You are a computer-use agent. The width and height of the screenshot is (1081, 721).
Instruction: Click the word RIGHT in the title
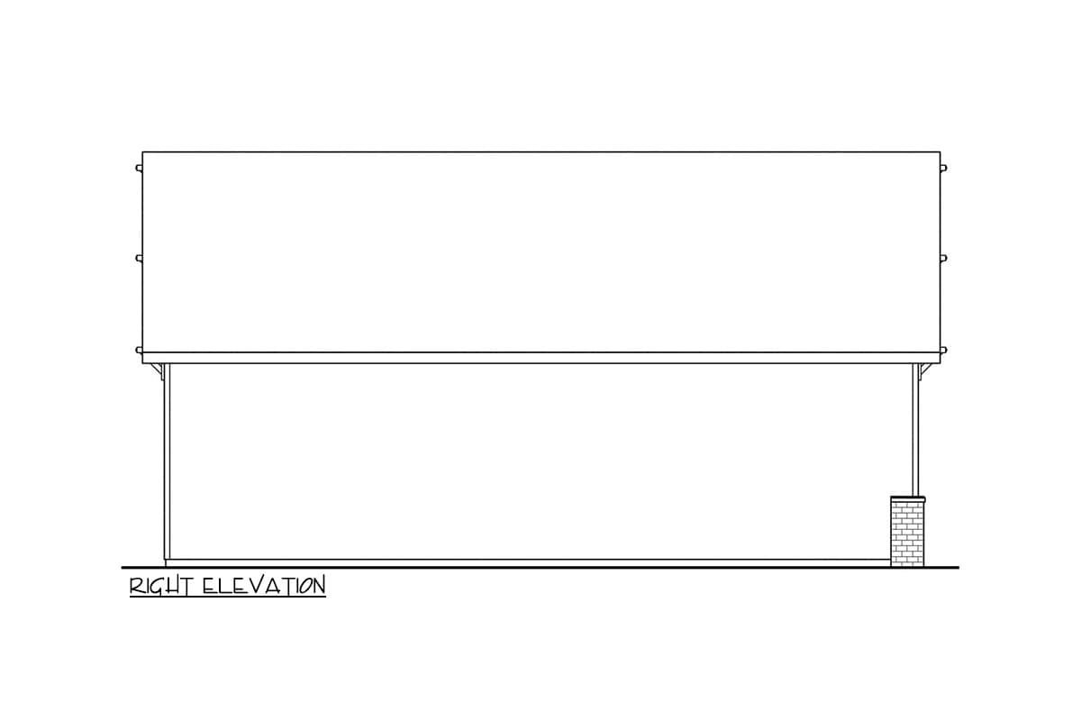click(x=161, y=587)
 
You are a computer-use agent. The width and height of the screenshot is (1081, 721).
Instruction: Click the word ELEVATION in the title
click(x=264, y=586)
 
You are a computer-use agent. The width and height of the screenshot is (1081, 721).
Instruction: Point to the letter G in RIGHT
click(x=155, y=587)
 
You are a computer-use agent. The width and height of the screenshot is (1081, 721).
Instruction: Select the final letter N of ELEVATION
click(x=319, y=586)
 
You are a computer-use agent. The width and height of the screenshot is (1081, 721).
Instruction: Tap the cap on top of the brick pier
click(x=908, y=498)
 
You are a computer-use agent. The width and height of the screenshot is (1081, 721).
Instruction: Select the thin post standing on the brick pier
click(x=915, y=430)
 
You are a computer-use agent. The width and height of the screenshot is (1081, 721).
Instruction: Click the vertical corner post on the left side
click(x=167, y=461)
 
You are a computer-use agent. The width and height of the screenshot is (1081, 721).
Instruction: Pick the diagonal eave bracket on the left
click(x=157, y=372)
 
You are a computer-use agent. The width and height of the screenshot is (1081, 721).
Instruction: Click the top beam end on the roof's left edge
click(x=139, y=168)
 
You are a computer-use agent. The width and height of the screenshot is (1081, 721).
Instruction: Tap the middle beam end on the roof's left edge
click(x=139, y=259)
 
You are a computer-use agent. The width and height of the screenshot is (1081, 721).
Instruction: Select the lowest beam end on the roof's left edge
click(x=139, y=350)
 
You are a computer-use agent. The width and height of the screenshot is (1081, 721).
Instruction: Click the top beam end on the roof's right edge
click(x=943, y=168)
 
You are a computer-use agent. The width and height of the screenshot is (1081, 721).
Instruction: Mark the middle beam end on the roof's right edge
click(x=943, y=259)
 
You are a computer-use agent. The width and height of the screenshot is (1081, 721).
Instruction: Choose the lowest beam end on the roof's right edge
click(x=943, y=350)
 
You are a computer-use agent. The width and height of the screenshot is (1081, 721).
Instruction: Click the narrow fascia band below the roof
click(x=541, y=358)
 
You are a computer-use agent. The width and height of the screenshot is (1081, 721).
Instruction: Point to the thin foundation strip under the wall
click(x=528, y=563)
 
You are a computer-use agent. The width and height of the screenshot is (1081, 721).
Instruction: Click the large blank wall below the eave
click(x=541, y=461)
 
